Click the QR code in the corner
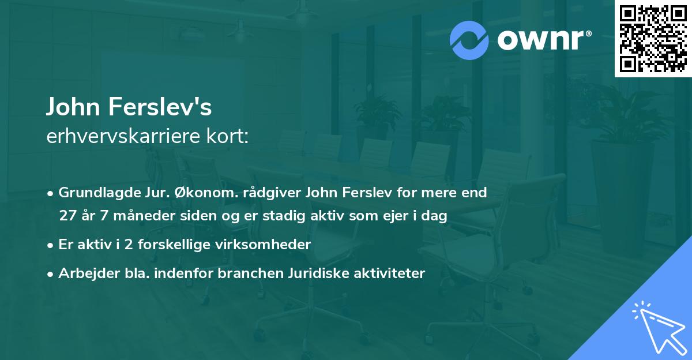click(653, 39)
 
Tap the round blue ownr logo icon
click(469, 40)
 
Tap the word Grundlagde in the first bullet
click(93, 192)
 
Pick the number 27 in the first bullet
click(68, 216)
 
